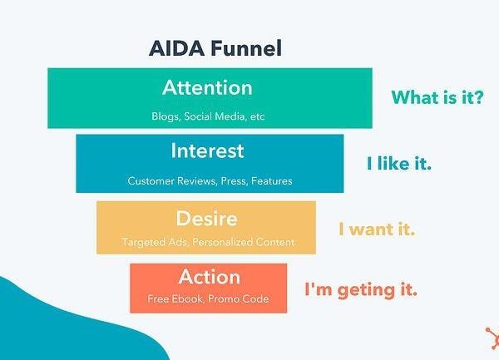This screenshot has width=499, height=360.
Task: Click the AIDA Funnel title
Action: pyautogui.click(x=215, y=48)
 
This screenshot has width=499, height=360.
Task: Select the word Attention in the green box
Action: pyautogui.click(x=207, y=87)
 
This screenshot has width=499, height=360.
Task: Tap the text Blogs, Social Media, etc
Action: pyautogui.click(x=208, y=116)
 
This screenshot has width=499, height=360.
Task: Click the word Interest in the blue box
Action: pyautogui.click(x=207, y=150)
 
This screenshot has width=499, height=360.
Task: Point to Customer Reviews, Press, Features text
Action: pyautogui.click(x=210, y=181)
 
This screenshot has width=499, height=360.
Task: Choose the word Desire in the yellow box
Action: pyautogui.click(x=206, y=218)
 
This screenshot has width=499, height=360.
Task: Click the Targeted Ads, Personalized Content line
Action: pyautogui.click(x=208, y=242)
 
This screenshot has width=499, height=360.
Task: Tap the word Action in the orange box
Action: pyautogui.click(x=209, y=277)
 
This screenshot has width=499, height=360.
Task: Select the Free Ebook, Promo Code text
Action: pyautogui.click(x=208, y=299)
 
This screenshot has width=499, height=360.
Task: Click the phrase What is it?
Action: pyautogui.click(x=437, y=97)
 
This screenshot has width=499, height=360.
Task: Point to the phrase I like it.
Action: pyautogui.click(x=399, y=163)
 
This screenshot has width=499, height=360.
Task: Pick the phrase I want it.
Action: pyautogui.click(x=377, y=229)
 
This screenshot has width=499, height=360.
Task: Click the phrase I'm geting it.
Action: pyautogui.click(x=361, y=290)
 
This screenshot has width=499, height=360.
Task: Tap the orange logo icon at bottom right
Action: pyautogui.click(x=492, y=338)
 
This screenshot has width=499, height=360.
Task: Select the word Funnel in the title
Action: pyautogui.click(x=246, y=48)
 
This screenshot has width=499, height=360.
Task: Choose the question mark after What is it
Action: pyautogui.click(x=479, y=97)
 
